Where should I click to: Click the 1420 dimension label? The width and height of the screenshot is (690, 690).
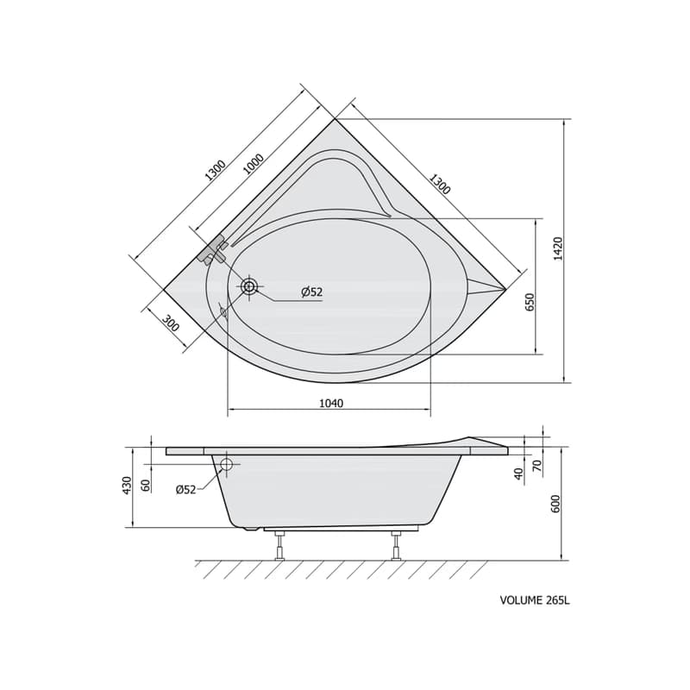point(557,248)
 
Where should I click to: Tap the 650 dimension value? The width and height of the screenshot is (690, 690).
point(530,302)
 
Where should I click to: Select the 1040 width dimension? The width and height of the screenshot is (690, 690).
point(331,403)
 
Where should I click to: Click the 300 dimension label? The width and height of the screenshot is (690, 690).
point(170,323)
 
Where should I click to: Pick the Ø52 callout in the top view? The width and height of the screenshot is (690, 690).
point(312,292)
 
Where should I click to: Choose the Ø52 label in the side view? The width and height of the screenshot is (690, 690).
point(185,489)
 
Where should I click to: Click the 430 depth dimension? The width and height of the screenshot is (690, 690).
point(127,486)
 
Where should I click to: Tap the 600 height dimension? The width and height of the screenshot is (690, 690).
point(555,504)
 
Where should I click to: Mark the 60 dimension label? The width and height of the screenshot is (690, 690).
point(147,485)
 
